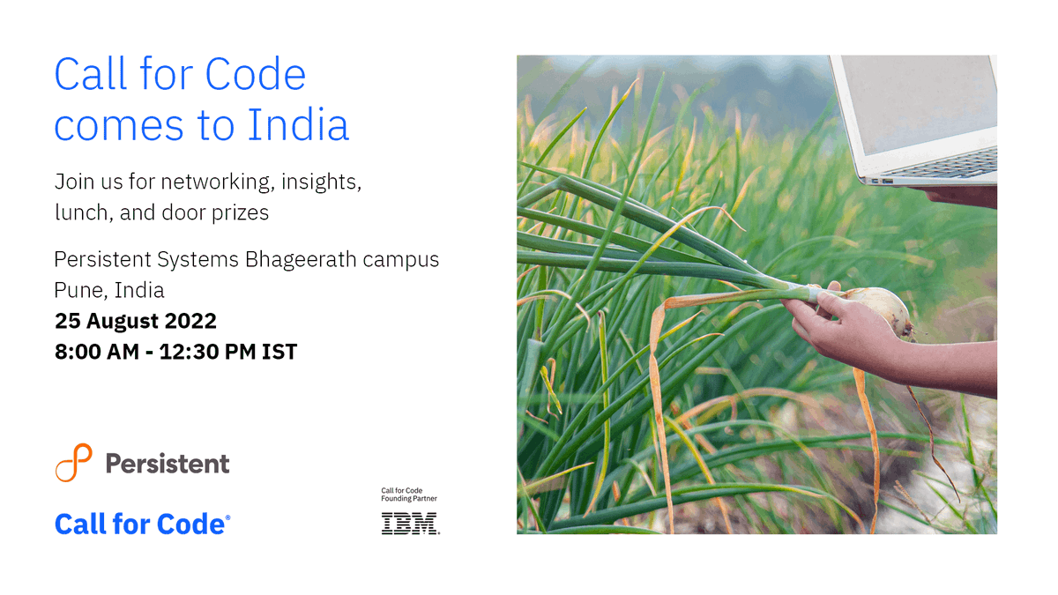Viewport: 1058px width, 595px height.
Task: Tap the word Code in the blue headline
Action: tap(261, 74)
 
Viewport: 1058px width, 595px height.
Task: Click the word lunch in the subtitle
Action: tap(79, 212)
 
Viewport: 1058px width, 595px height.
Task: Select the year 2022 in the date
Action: tap(189, 320)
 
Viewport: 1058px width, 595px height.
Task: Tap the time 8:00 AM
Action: tap(96, 352)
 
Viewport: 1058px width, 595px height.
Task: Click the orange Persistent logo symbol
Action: tap(73, 463)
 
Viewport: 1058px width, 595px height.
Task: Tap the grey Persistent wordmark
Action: tap(168, 464)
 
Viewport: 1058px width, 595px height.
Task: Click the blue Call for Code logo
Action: tap(142, 524)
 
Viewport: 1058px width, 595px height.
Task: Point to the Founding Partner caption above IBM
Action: tap(409, 499)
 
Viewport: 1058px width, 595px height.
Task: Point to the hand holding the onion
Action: tap(838, 326)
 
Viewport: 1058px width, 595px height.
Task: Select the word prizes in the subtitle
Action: tap(240, 212)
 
